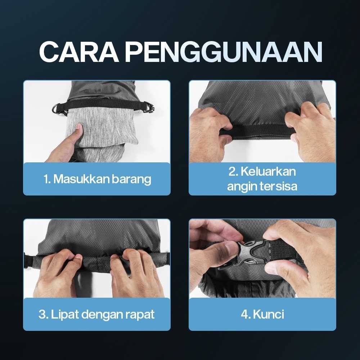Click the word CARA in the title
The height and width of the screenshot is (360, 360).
pyautogui.click(x=79, y=52)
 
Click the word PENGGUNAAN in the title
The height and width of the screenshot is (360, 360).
pyautogui.click(x=224, y=52)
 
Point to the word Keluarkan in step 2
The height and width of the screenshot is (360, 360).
pyautogui.click(x=268, y=171)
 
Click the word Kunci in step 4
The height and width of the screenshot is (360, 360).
pyautogui.click(x=269, y=314)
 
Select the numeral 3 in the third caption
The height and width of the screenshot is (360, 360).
pyautogui.click(x=42, y=314)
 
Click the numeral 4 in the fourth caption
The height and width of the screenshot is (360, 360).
pyautogui.click(x=245, y=314)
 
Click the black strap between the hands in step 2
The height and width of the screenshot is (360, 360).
pyautogui.click(x=257, y=131)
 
